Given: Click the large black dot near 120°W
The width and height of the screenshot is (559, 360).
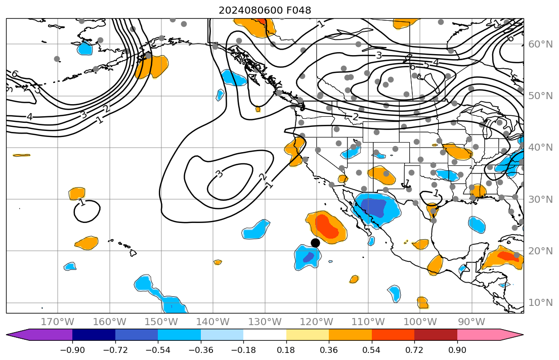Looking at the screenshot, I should tap(315, 243).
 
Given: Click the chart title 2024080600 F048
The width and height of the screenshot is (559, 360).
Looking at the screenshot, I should tap(265, 10).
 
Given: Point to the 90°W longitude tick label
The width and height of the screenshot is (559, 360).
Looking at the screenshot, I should tap(471, 322).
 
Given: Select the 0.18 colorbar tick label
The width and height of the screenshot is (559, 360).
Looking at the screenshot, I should tap(286, 350).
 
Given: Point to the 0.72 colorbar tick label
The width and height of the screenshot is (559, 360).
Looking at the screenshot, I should tap(414, 350).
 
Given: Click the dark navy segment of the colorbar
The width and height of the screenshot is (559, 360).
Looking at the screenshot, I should tap(94, 335).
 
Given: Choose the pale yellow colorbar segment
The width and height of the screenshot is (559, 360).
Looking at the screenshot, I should tap(307, 335).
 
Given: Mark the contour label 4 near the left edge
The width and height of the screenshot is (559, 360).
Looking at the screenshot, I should tap(29, 117).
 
